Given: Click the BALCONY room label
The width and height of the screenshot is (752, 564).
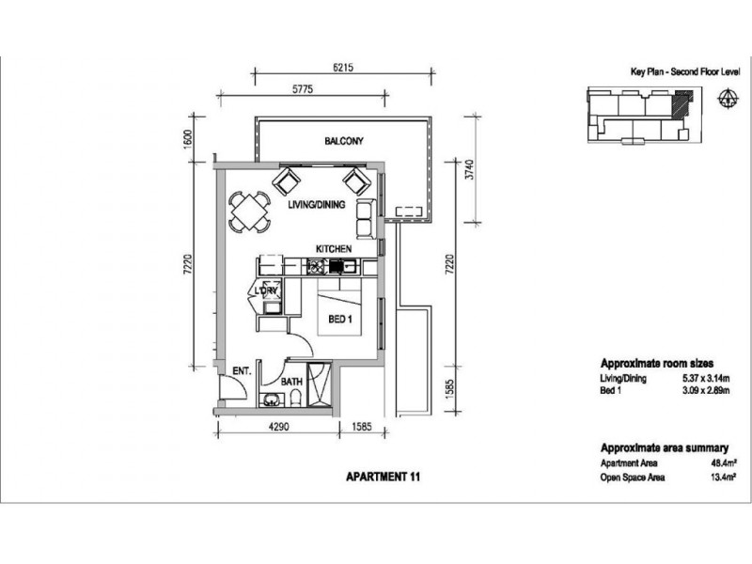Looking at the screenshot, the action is click(344, 141).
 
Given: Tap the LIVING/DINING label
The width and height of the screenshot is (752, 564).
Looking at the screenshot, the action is click(317, 204).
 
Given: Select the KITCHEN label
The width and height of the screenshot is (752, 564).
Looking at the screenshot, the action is click(334, 249).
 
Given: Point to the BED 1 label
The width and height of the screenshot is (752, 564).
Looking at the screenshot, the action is click(340, 319).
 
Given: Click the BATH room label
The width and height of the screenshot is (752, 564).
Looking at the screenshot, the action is click(291, 382).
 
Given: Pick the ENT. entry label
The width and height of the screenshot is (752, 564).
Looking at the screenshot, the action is click(242, 370).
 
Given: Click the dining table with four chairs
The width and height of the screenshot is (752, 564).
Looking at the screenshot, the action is click(249, 212).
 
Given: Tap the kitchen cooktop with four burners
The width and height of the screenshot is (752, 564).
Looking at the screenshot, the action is click(316, 266).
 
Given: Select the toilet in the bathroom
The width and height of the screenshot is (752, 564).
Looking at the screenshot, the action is click(296, 398).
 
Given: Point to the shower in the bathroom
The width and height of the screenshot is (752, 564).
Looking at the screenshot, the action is click(319, 384).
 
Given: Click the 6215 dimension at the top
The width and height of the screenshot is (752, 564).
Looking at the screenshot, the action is click(343, 68).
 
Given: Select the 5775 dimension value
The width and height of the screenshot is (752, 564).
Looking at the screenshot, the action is click(303, 89).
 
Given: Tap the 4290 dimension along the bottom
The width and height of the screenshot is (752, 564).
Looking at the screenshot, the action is click(278, 427).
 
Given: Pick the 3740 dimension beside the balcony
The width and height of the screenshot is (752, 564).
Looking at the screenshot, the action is click(470, 169).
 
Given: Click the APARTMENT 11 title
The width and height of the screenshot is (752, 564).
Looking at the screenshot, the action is click(383, 477).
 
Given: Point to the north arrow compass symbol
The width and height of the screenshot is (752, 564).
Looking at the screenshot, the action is click(728, 98).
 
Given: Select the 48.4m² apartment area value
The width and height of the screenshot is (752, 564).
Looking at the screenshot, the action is click(723, 463).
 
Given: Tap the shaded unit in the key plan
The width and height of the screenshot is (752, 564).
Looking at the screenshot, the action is click(680, 104).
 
